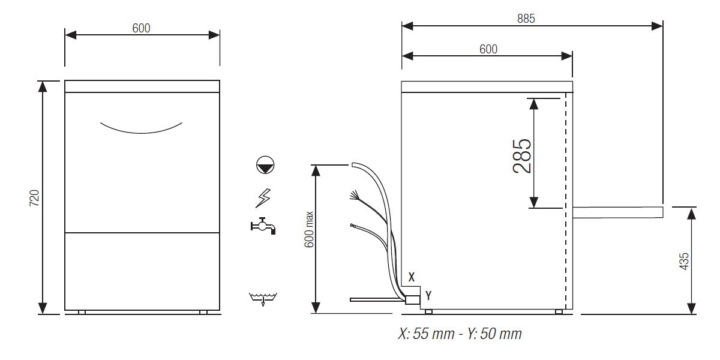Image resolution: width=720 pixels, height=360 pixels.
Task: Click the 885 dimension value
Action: point(526,18)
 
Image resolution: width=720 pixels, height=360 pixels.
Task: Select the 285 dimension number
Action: point(522,155)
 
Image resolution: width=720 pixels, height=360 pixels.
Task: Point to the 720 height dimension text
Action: point(34,198)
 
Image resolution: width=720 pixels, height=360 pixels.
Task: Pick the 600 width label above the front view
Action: point(142,28)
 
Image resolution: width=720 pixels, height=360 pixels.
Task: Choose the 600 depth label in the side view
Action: point(488,49)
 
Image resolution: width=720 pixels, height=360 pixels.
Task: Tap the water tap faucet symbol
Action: point(263,226)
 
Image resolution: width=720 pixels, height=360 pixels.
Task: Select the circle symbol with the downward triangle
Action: point(264,164)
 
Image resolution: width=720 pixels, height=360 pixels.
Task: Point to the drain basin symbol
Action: point(263,298)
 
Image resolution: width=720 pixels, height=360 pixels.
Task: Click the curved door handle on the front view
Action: point(142,128)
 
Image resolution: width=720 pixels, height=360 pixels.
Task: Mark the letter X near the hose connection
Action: point(411,277)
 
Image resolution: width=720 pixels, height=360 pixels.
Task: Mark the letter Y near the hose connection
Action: point(428,295)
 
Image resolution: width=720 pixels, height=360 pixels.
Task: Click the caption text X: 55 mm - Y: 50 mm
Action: point(460,334)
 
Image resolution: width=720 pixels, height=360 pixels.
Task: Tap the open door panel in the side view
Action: point(617,211)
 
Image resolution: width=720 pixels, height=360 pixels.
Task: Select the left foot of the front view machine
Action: point(82,312)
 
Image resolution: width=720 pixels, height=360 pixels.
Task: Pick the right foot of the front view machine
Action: point(203,312)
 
